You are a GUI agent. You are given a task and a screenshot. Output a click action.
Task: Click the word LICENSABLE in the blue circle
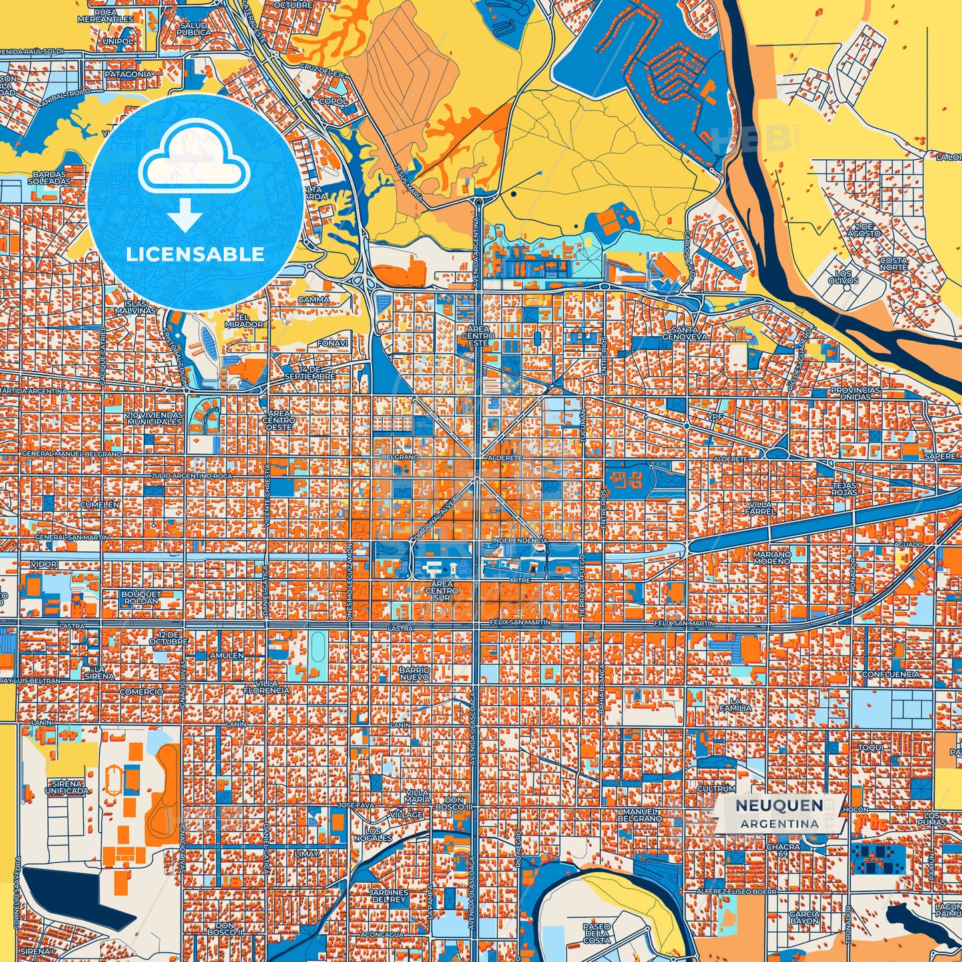coord(195,254)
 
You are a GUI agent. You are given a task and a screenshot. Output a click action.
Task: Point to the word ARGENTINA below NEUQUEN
coord(779,824)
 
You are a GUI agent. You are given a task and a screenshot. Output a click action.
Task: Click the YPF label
coord(715,417)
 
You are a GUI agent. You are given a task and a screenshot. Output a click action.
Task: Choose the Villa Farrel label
coord(760,508)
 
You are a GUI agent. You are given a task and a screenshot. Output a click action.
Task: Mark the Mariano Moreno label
coord(772,557)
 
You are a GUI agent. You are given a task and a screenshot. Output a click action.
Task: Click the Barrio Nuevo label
coord(414,673)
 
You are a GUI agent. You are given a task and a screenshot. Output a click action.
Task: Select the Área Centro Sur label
coord(441,591)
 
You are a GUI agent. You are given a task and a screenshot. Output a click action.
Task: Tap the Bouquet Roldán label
coord(141,597)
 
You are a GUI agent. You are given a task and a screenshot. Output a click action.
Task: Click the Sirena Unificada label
coord(67,788)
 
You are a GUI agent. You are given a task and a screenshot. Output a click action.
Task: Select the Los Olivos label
coord(843,277)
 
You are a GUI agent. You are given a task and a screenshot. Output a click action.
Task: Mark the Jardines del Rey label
coord(389,895)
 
